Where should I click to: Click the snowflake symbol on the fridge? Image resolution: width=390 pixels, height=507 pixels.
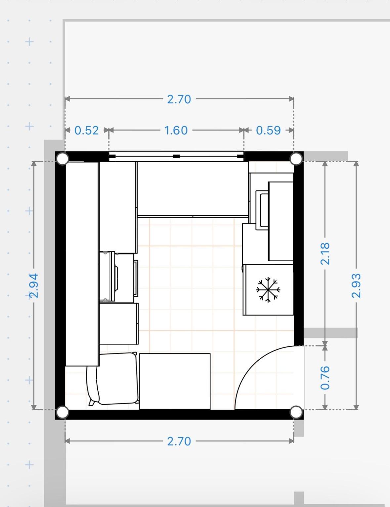[268, 290]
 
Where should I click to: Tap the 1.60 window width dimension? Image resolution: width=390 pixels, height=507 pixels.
[176, 130]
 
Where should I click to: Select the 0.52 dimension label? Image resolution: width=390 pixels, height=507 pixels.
[86, 130]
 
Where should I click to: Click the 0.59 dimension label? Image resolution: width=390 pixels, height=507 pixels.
[268, 130]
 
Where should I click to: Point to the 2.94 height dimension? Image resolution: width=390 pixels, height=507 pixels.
[34, 285]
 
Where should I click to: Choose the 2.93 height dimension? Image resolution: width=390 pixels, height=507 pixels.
[356, 285]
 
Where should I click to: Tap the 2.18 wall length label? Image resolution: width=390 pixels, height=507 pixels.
[325, 253]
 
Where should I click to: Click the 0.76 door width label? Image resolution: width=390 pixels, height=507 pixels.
[325, 378]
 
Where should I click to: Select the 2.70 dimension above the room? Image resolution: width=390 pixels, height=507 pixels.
[179, 99]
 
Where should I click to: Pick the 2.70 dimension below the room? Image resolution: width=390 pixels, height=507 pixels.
[179, 441]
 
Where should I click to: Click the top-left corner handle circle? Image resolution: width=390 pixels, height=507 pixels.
[63, 159]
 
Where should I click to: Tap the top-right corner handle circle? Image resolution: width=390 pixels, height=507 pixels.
[296, 159]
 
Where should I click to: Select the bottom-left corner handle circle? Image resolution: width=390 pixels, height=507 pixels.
[63, 412]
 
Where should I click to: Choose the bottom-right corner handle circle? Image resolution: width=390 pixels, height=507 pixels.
[296, 412]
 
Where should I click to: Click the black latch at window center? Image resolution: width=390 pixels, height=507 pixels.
[176, 156]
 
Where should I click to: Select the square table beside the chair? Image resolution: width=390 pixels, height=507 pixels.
[175, 381]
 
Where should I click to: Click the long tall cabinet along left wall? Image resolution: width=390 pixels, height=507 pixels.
[82, 264]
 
